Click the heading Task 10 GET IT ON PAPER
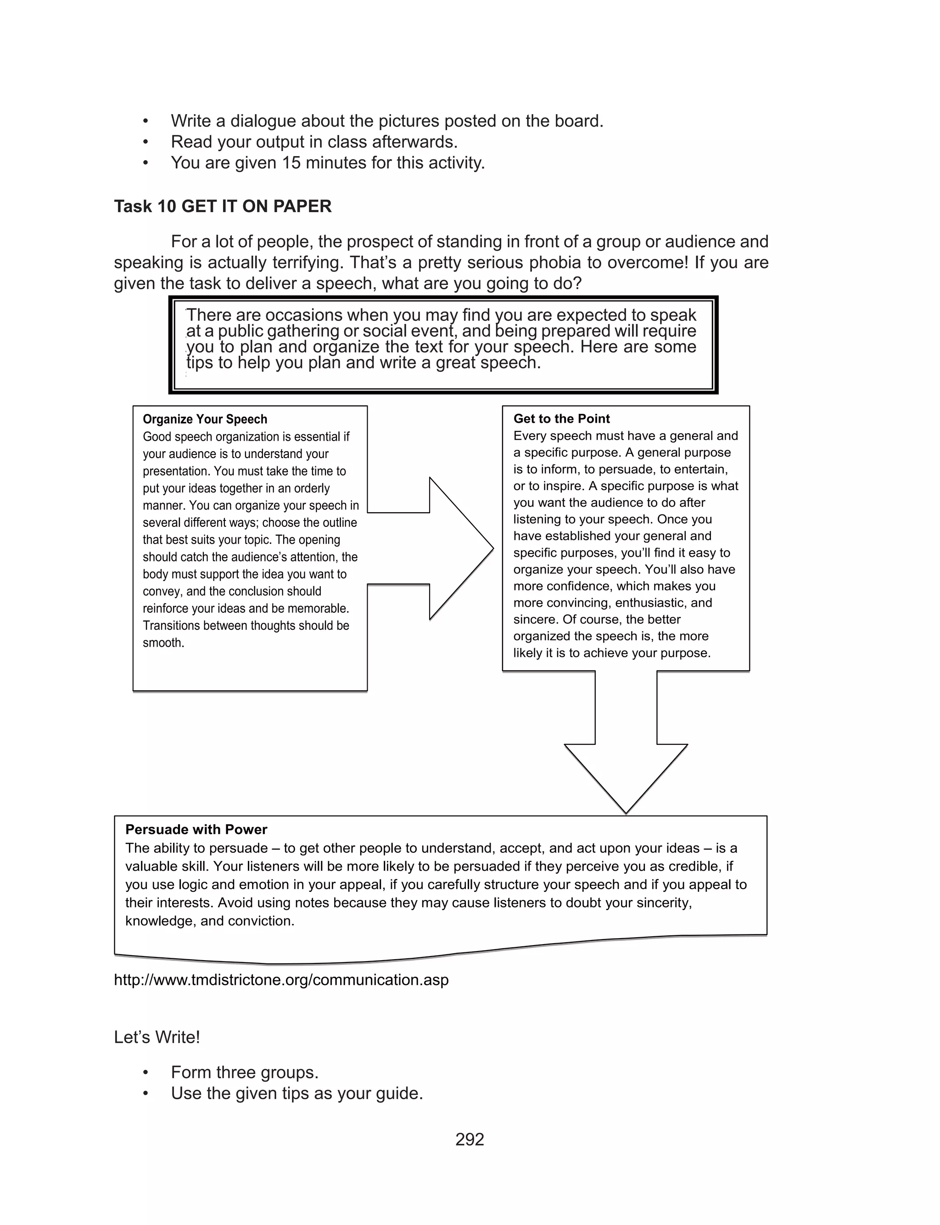pos(223,207)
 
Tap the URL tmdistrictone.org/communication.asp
pos(281,980)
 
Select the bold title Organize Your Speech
pos(205,420)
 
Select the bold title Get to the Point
pos(561,419)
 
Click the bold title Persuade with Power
pos(196,829)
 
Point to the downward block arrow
pos(626,761)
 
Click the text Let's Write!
pos(157,1037)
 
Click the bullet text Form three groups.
pos(245,1072)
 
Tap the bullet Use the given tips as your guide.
pos(297,1093)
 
